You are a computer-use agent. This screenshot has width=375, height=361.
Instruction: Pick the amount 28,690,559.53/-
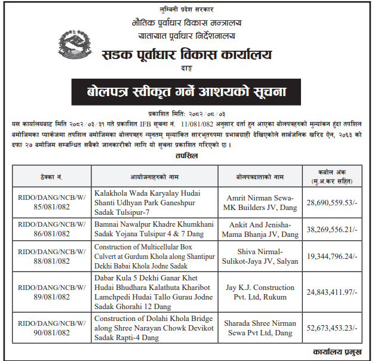[x=332, y=203]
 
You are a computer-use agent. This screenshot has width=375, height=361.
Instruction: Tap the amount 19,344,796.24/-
[x=332, y=257]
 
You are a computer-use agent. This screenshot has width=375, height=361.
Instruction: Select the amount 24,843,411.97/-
[x=332, y=292]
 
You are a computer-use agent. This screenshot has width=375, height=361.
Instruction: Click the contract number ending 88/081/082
[x=52, y=257]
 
